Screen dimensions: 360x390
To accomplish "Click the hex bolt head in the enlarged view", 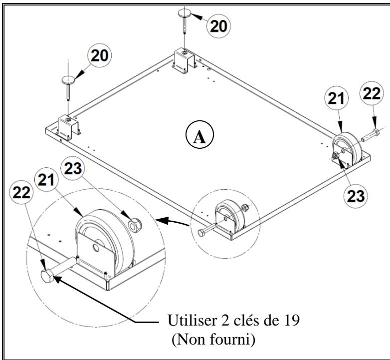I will pyautogui.click(x=48, y=275).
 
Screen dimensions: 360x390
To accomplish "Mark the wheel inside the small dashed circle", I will pyautogui.click(x=230, y=215).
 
